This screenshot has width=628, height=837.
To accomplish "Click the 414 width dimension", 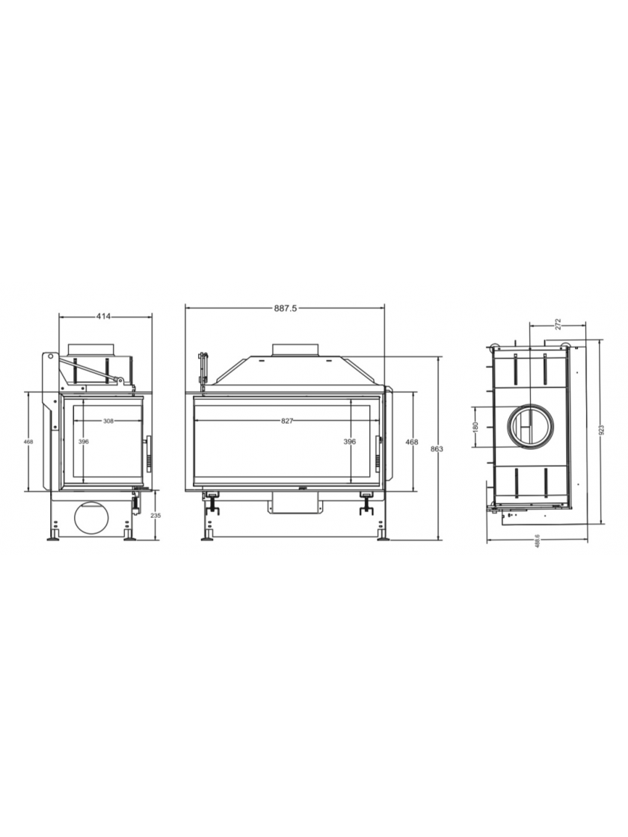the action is [103, 317].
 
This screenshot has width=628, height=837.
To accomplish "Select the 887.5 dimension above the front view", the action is [285, 308].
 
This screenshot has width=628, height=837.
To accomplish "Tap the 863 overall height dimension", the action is [437, 449].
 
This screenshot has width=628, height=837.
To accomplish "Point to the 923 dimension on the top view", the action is [601, 430].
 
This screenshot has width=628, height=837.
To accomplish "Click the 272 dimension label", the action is [558, 324].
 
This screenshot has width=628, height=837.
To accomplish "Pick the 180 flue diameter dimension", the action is [475, 426].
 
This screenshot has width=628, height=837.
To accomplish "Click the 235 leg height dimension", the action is [156, 516].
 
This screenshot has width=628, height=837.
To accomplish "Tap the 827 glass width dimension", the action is [287, 421].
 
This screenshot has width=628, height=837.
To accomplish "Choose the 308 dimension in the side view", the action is [108, 421].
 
